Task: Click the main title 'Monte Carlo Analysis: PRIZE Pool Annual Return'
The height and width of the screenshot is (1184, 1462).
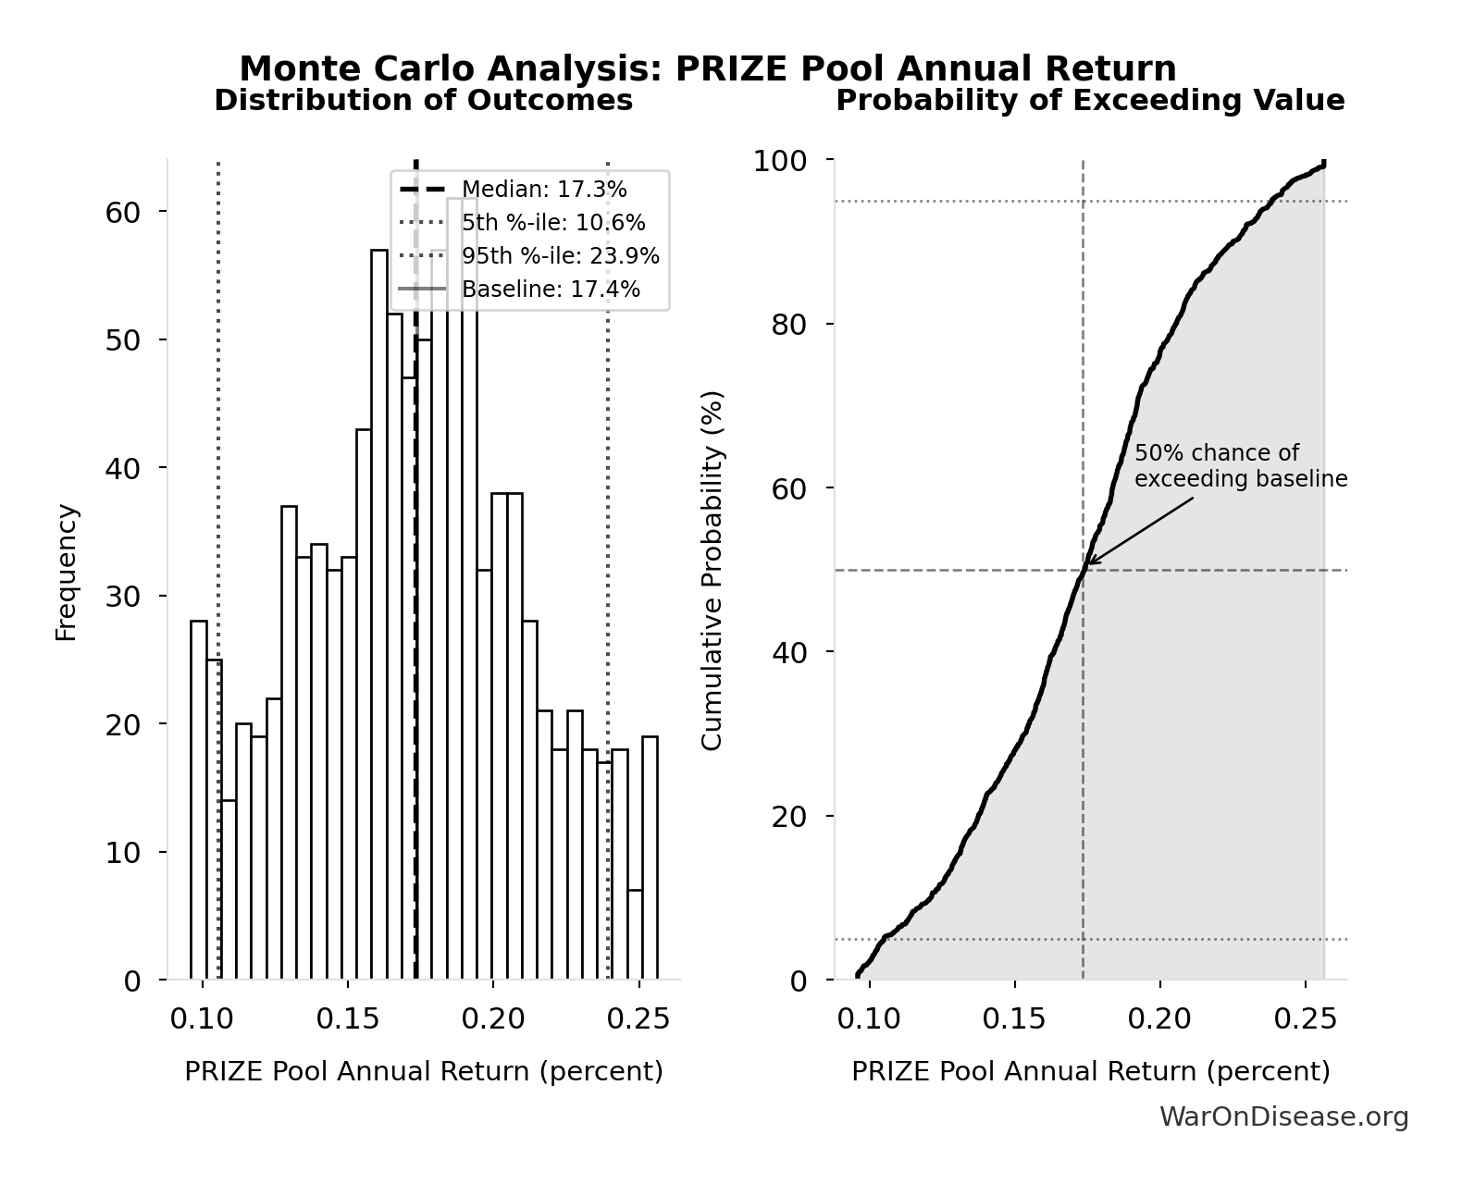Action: coord(708,69)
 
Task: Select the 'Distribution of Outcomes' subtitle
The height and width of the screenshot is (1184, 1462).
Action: coord(424,100)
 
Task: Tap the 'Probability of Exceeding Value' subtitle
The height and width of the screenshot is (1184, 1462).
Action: coord(1090,100)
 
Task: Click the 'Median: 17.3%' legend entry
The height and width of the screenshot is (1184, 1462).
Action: coord(544,190)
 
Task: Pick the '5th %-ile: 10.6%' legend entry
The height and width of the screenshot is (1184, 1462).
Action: coord(553,223)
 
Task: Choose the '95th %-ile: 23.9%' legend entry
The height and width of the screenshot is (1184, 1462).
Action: coord(560,256)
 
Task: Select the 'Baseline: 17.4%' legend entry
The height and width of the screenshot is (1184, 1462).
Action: coord(551,290)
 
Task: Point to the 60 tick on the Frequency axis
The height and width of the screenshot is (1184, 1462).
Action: coord(122,212)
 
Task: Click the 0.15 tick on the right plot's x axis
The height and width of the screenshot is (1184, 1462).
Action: coord(1014,1019)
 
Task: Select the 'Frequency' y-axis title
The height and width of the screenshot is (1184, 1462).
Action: coord(67,572)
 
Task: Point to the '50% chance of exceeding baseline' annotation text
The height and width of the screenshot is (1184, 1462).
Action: coord(1240,466)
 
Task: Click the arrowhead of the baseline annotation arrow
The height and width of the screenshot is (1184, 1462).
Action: coord(1088,562)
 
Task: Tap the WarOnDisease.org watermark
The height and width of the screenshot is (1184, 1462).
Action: coord(1283,1117)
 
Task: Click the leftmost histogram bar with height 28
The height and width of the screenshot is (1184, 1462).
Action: coord(199,800)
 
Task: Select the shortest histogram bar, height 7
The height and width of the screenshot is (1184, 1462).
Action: coord(635,934)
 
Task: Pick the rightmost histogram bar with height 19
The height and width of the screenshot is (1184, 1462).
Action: coord(650,857)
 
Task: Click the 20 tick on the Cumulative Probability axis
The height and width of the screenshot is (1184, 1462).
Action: coord(788,816)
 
